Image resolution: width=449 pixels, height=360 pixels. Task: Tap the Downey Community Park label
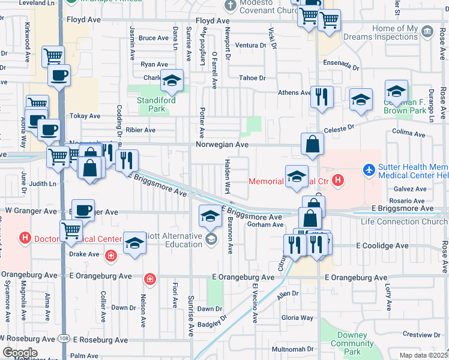[352, 343]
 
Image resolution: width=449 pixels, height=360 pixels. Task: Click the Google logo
[20, 353]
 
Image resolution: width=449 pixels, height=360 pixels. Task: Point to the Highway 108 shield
[64, 340]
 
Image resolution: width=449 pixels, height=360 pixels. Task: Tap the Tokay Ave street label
[85, 116]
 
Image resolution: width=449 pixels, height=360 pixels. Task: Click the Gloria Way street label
[298, 318]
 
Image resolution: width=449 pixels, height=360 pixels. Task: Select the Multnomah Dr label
[293, 349]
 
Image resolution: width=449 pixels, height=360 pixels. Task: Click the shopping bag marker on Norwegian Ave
[313, 144]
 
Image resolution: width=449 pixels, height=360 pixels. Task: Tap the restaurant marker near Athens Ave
[322, 97]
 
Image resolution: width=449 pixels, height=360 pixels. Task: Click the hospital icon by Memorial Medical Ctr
[338, 180]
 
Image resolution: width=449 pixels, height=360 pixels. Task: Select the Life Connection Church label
[404, 222]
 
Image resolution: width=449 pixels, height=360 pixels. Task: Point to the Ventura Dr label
[250, 45]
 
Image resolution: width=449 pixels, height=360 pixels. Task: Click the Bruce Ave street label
[153, 38]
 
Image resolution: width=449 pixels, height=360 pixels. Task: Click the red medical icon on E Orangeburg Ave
[149, 278]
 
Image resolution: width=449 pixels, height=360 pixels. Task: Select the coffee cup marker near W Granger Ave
[83, 210]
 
